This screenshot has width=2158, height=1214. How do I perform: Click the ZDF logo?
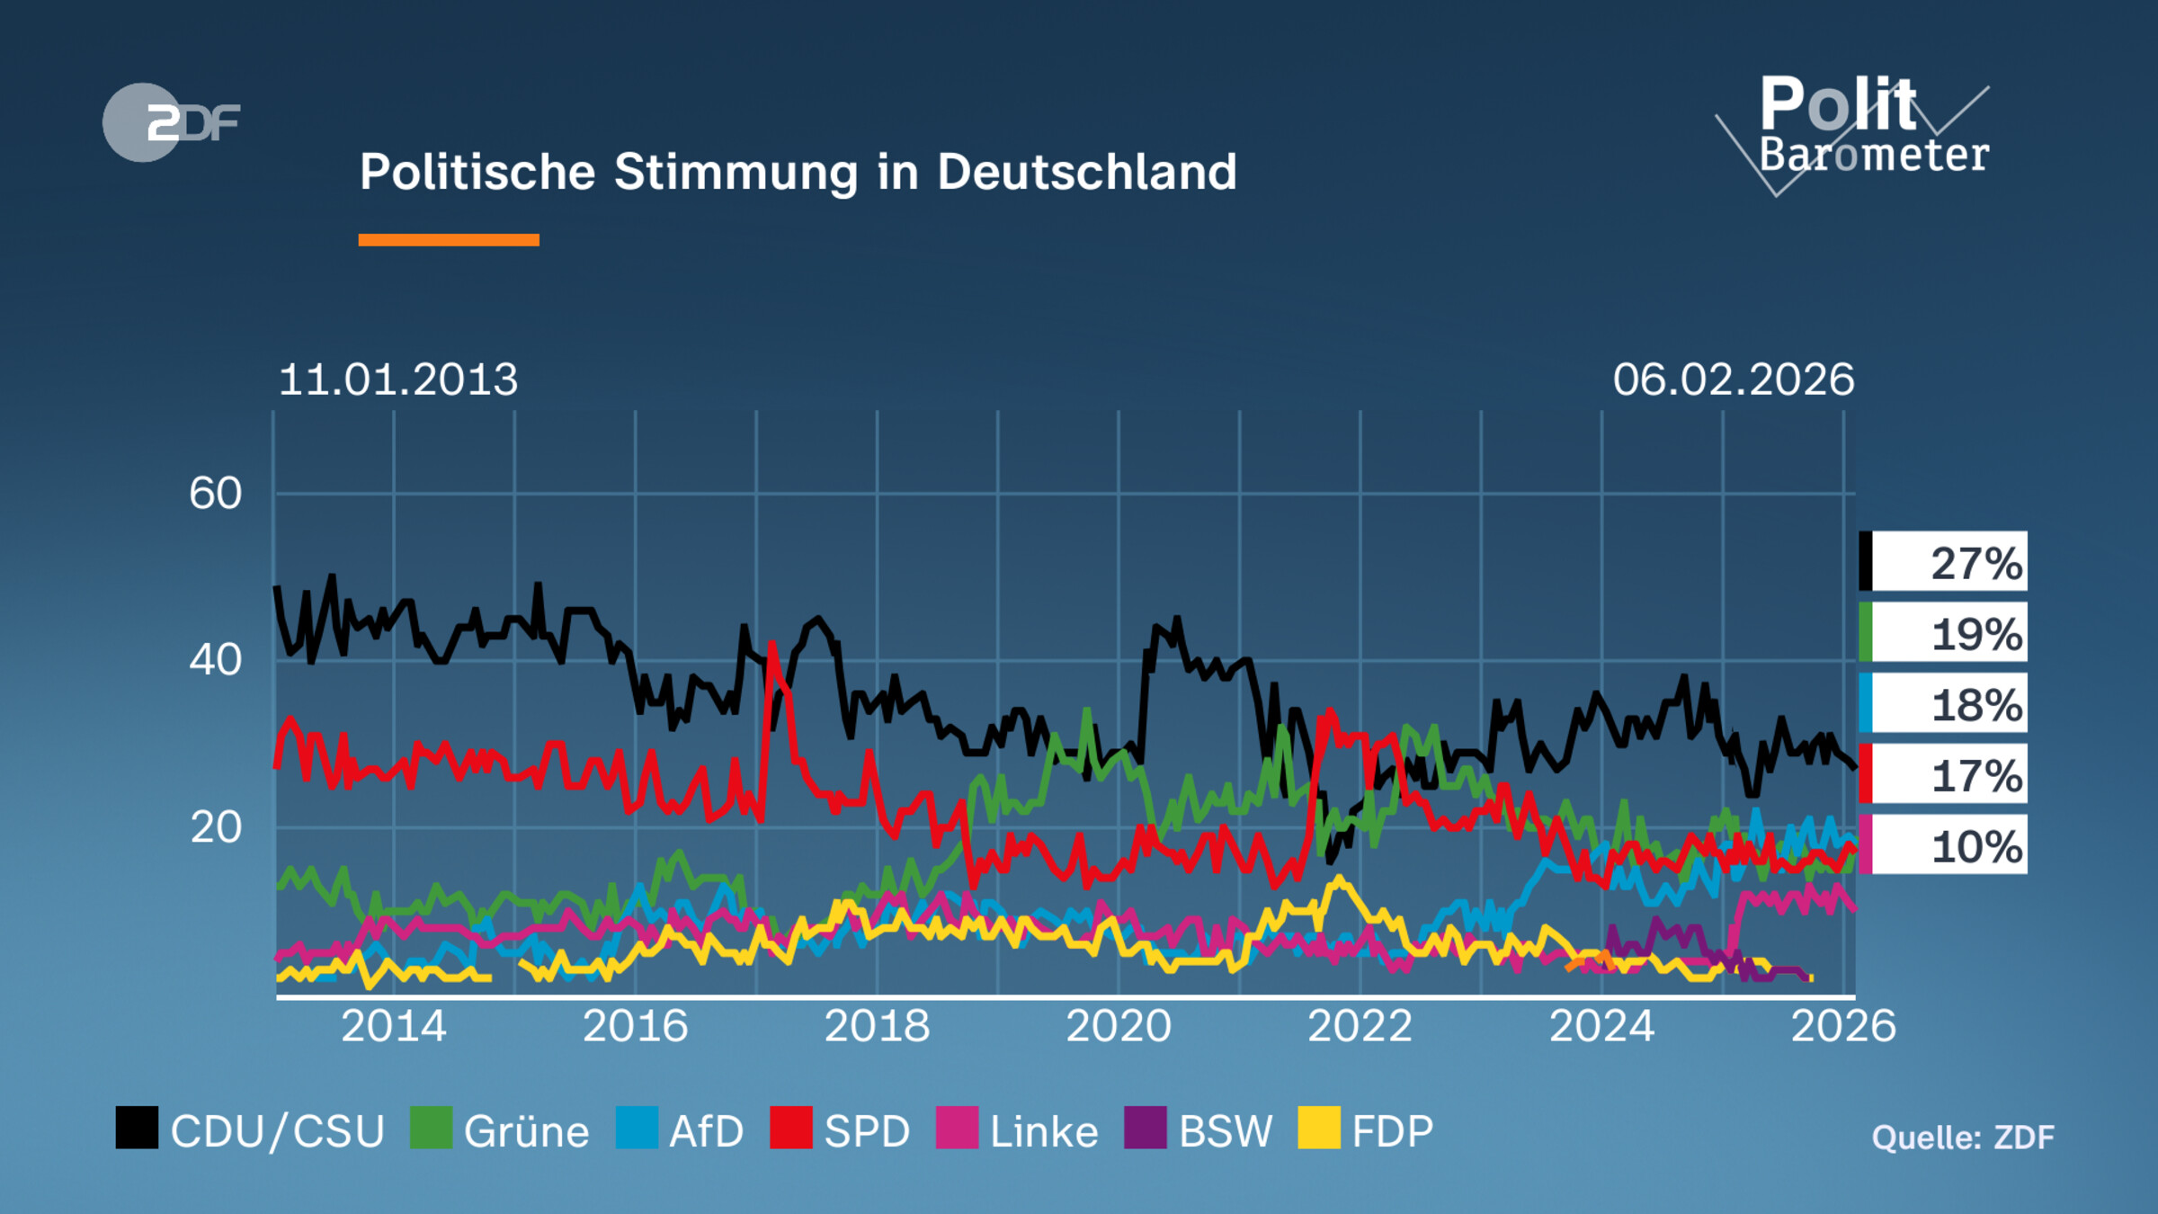click(171, 122)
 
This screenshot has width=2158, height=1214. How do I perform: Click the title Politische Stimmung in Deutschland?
click(798, 172)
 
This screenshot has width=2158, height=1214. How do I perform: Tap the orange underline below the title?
click(448, 240)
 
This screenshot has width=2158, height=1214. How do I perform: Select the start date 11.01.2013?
click(398, 379)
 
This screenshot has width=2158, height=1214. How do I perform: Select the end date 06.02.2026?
click(1733, 379)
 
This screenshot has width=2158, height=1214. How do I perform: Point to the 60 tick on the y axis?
click(216, 494)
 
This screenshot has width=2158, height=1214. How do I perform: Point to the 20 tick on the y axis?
click(216, 827)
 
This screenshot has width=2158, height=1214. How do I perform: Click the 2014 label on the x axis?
click(394, 1026)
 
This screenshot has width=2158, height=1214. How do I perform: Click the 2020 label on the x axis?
click(1119, 1026)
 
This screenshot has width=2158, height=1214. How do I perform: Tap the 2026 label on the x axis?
click(1843, 1026)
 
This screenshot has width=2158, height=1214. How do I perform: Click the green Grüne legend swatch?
click(431, 1129)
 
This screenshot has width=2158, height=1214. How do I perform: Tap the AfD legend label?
click(707, 1131)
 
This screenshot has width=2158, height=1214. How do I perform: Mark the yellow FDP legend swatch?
click(1319, 1129)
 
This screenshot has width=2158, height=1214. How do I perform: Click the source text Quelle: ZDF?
click(1963, 1138)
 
